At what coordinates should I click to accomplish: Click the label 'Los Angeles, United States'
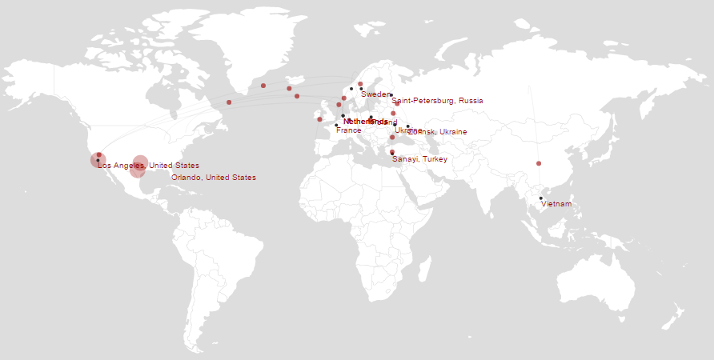148,166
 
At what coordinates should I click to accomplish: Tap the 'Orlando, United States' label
214,178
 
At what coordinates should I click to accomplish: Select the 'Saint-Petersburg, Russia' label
437,101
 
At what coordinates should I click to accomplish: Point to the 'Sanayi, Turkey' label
419,159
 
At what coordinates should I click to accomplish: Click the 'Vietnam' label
556,204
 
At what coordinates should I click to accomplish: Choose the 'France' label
348,130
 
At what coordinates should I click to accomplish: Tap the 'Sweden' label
375,94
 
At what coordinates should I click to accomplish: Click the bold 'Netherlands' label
365,122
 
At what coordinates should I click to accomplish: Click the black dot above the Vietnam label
540,198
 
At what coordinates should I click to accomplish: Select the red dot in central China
539,163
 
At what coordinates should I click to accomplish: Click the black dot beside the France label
336,125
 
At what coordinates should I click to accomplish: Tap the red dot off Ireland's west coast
319,120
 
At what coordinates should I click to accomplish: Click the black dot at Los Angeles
98,160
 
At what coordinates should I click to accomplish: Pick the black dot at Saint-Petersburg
391,95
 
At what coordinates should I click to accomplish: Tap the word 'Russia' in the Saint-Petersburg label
471,101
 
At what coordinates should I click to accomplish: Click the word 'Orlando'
186,178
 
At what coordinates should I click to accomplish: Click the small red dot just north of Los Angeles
99,154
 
